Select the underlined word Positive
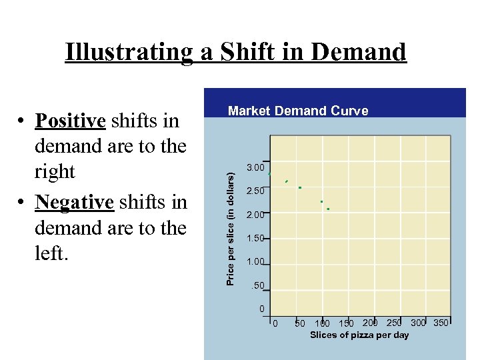point(71,121)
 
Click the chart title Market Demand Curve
point(298,111)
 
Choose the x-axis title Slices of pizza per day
point(359,335)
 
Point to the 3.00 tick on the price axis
point(255,167)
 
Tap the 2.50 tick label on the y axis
point(255,191)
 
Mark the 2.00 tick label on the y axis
point(255,215)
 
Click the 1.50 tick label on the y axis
point(255,239)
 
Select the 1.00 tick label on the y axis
point(255,262)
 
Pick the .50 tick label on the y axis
point(257,286)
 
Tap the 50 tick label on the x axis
point(300,323)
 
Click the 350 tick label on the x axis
point(441,323)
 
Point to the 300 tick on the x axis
point(418,323)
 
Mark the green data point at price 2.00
point(328,209)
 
